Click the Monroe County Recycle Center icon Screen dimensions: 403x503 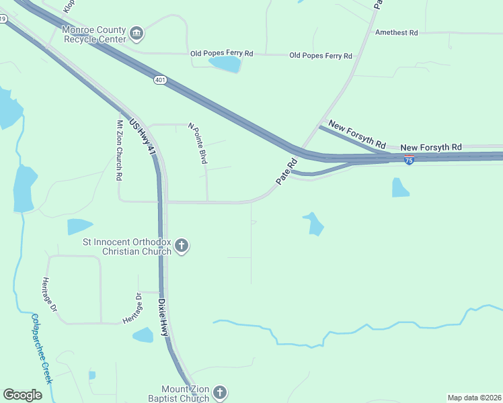(x=137, y=33)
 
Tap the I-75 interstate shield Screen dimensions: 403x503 (x=409, y=160)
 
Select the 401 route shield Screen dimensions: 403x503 (x=159, y=80)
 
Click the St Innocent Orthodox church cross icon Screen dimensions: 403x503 (x=182, y=247)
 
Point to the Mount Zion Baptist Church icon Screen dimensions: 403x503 (x=220, y=393)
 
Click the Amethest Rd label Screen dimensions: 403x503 (x=397, y=32)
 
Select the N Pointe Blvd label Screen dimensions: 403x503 (x=198, y=143)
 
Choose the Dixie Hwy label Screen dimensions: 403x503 (x=164, y=318)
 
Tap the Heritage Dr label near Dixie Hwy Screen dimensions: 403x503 (x=132, y=309)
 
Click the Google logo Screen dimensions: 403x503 (x=22, y=395)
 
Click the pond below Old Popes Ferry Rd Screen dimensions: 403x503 (x=225, y=64)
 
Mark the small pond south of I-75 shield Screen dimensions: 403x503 (x=399, y=187)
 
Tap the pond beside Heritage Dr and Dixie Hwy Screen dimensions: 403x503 (x=143, y=334)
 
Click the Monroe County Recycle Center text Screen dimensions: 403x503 (x=93, y=34)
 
